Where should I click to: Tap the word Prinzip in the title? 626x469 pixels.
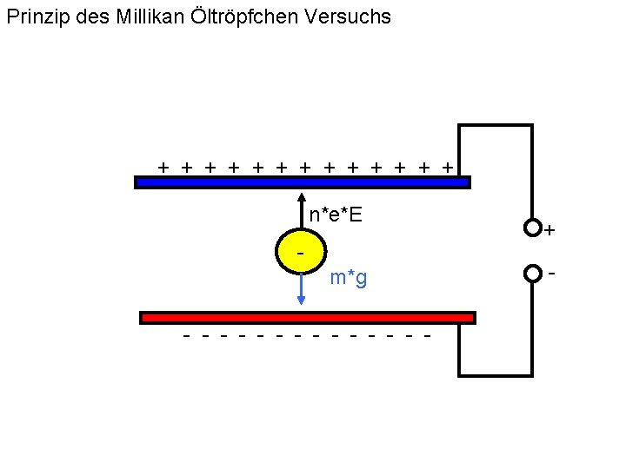[36, 17]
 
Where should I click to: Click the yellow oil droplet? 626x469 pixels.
[301, 252]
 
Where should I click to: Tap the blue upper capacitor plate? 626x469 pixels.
[302, 182]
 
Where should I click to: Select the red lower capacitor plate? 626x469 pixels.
[307, 318]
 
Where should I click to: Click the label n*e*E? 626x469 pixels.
[336, 214]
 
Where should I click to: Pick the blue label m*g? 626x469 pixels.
[349, 278]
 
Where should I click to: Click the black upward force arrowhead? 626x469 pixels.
[301, 197]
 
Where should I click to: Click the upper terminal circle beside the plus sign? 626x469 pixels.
[532, 228]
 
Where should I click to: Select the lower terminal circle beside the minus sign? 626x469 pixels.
[532, 274]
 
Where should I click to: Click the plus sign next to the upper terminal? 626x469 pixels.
[549, 231]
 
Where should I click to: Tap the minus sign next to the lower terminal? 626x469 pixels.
[551, 273]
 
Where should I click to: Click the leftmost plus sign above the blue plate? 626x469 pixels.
[163, 165]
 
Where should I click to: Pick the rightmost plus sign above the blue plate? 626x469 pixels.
[447, 165]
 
